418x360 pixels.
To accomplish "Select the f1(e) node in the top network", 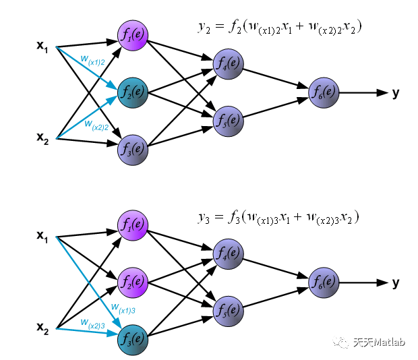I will click(x=133, y=35).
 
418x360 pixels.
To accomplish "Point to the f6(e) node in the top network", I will click(x=324, y=92).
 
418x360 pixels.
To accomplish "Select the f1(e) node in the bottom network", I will click(x=133, y=226).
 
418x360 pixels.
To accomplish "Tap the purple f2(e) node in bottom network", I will click(x=133, y=281).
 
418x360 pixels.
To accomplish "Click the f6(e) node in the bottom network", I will click(x=324, y=282).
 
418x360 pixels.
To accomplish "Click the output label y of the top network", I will click(x=396, y=92).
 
